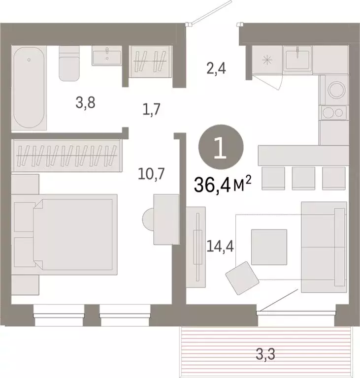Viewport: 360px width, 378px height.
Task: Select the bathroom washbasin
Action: click(x=106, y=55)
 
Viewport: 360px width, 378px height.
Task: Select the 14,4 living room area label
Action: click(x=220, y=245)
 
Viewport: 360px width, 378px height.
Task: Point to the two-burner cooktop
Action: click(x=334, y=113)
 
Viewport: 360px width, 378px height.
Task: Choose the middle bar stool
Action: click(x=303, y=178)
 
